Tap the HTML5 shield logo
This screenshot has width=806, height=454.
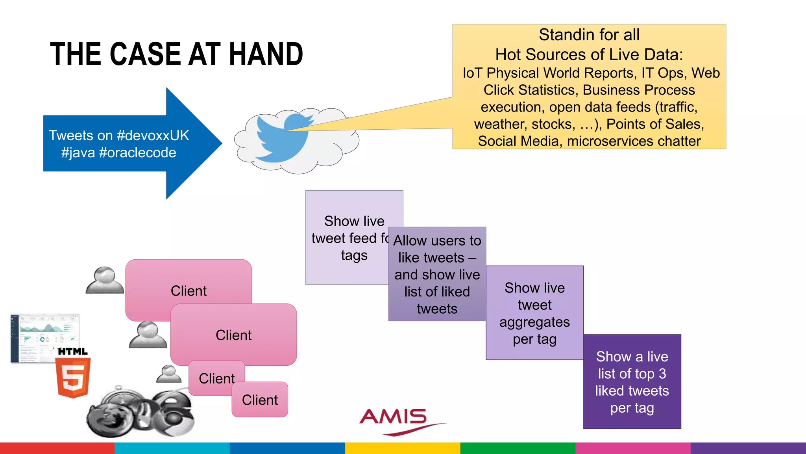click(x=74, y=377)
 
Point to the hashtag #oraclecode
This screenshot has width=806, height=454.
click(x=137, y=153)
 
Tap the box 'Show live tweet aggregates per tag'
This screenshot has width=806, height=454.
click(x=534, y=313)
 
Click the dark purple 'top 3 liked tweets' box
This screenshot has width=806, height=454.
click(x=632, y=381)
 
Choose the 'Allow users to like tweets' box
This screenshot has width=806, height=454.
click(x=437, y=274)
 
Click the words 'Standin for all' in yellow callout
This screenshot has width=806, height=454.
click(x=589, y=35)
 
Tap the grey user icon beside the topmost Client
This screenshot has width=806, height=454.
click(x=105, y=280)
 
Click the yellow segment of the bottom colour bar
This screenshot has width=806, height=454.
click(x=403, y=448)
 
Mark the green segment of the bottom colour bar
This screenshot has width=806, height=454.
click(x=518, y=448)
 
